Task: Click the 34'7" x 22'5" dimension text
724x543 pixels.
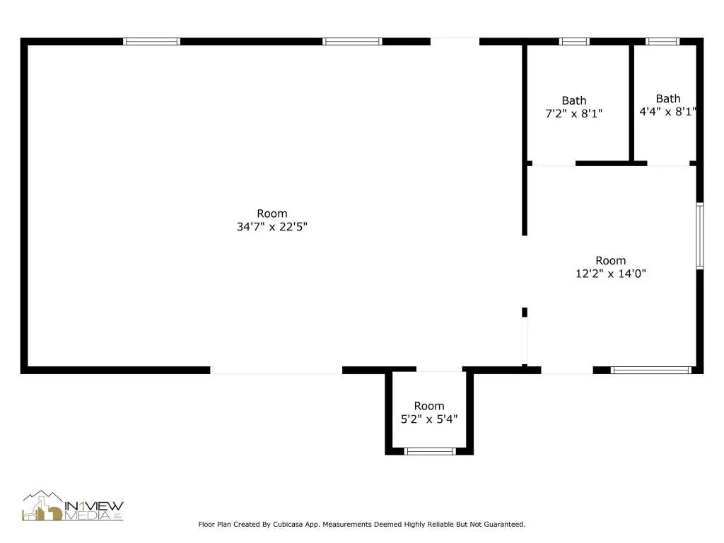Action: click(x=272, y=227)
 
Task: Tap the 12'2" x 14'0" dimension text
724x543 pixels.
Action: click(x=610, y=274)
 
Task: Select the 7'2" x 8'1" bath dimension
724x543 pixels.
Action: click(x=574, y=114)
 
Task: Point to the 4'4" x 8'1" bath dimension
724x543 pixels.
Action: click(x=667, y=112)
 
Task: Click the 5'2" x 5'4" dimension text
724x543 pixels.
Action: click(x=429, y=419)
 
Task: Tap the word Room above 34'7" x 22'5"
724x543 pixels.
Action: click(x=272, y=214)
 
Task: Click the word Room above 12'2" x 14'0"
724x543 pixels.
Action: click(x=610, y=261)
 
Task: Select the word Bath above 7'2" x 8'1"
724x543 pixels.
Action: click(x=574, y=100)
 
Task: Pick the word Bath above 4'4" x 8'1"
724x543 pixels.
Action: click(x=668, y=99)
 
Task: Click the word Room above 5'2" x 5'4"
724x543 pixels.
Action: click(x=429, y=407)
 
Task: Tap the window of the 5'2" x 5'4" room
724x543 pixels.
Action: click(x=430, y=452)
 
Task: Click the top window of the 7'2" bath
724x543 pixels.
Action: click(x=574, y=42)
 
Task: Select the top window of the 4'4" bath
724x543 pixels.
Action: click(x=662, y=42)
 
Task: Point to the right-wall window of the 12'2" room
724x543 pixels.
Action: click(x=700, y=235)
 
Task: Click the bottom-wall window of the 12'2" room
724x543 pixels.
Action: click(x=651, y=370)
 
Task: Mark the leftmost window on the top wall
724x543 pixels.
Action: click(x=151, y=42)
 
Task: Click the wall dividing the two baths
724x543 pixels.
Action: click(x=631, y=103)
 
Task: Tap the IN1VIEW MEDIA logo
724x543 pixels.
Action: click(x=73, y=506)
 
